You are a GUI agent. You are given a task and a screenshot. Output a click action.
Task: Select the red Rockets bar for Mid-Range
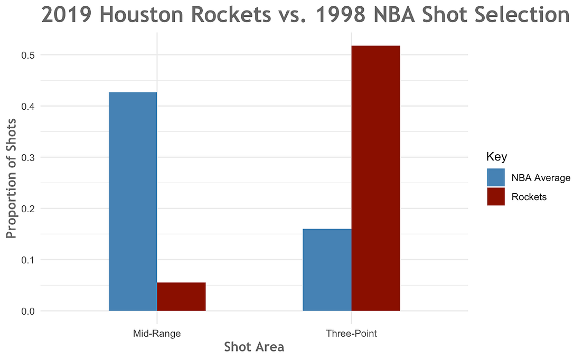tap(181, 297)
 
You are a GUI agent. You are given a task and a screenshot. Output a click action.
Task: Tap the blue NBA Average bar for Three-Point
tap(327, 270)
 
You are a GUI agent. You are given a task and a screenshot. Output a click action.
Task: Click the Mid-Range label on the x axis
tap(157, 334)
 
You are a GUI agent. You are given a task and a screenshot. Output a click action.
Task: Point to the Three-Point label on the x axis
tap(351, 334)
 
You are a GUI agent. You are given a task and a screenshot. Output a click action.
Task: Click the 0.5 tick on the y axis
tap(28, 55)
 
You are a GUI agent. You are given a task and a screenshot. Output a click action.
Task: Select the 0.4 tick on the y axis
tap(28, 106)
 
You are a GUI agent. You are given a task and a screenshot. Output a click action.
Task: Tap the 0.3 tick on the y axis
tap(28, 157)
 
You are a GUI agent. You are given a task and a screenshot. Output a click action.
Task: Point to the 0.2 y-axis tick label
tap(28, 209)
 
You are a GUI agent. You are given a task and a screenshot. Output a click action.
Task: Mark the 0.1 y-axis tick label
tap(28, 260)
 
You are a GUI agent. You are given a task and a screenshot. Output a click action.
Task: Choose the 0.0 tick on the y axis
tap(28, 311)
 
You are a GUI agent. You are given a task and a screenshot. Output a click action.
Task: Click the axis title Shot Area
tap(254, 347)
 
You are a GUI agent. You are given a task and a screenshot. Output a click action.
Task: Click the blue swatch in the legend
tap(496, 177)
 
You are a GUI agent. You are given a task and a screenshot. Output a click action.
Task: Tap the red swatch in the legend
tap(496, 197)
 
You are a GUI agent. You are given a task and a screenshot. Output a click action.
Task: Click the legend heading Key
tap(496, 157)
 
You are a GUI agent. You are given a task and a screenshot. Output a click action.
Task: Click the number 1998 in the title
tap(340, 15)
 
